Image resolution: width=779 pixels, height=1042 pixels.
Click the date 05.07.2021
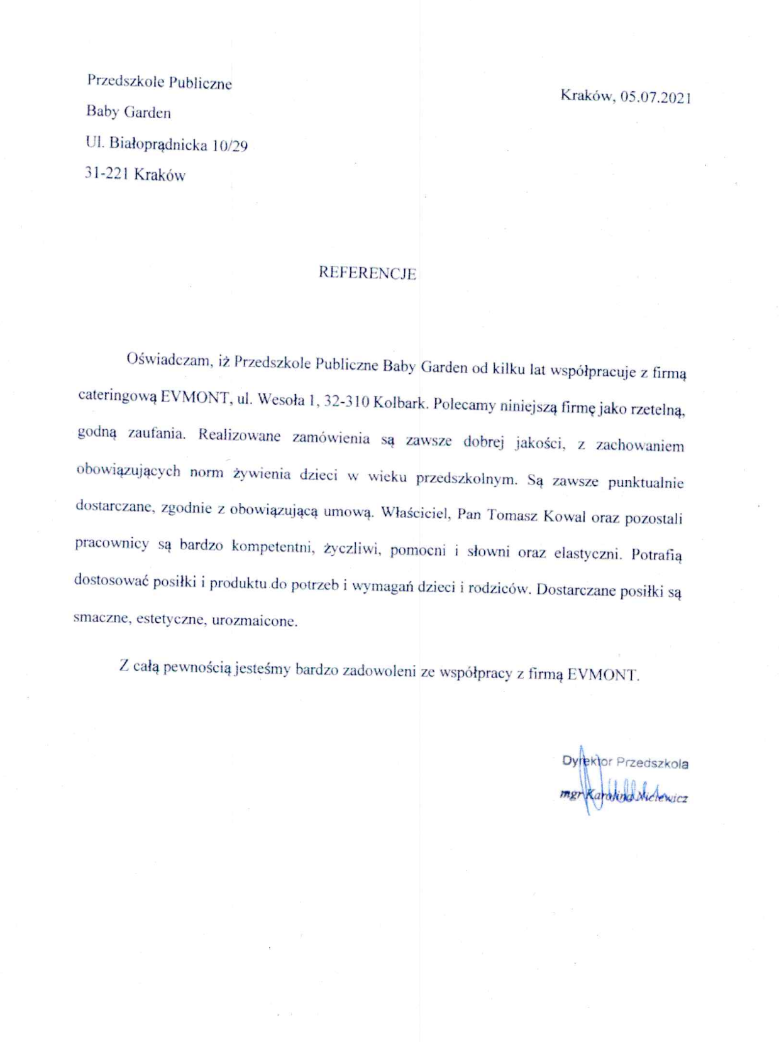click(655, 97)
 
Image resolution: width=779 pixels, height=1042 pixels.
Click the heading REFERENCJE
click(367, 273)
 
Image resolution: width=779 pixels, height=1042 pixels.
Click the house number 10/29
click(230, 146)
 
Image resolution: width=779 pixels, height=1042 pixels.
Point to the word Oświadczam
click(167, 360)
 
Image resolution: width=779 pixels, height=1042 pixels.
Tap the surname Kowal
click(564, 517)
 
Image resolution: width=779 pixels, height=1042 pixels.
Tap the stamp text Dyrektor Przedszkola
click(625, 762)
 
